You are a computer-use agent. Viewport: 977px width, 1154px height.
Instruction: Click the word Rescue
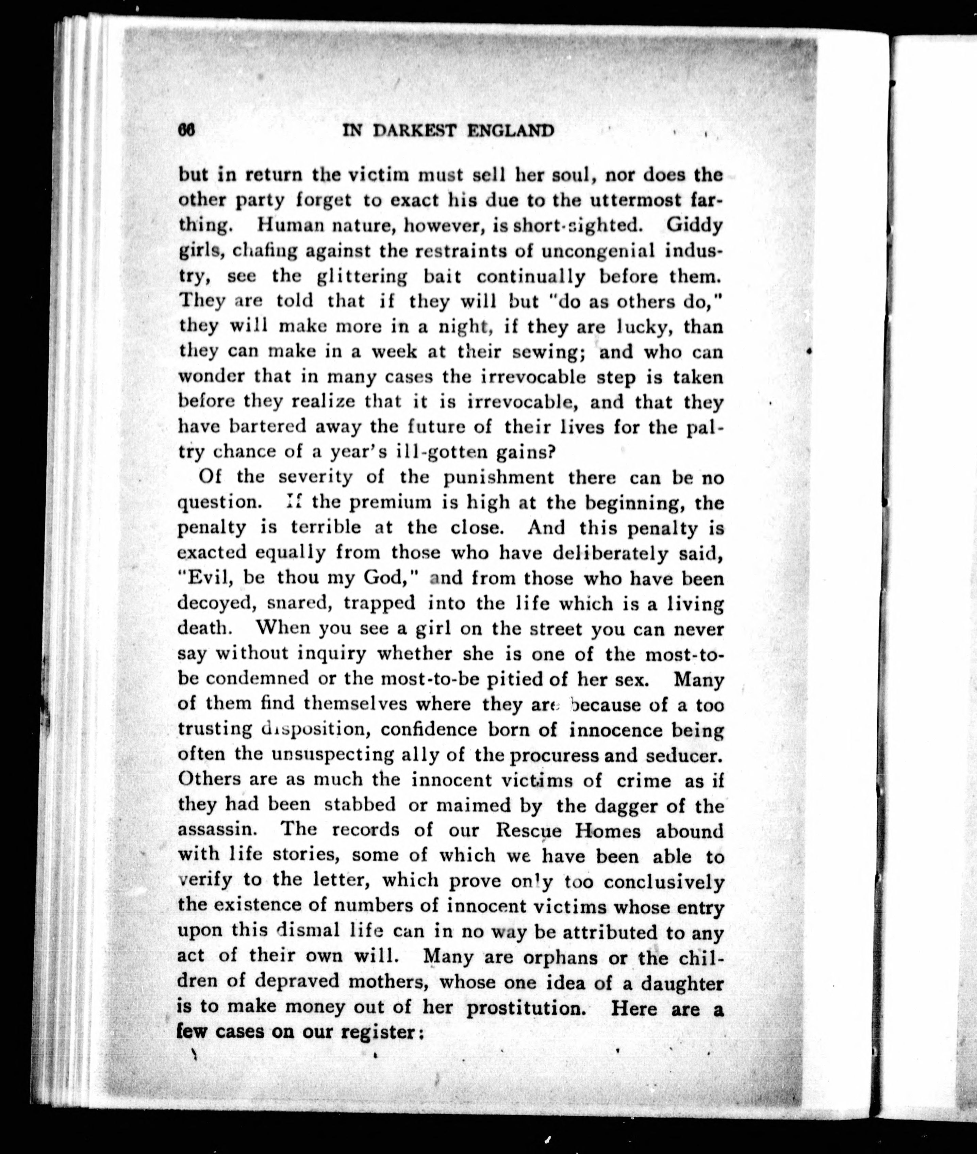pyautogui.click(x=529, y=831)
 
